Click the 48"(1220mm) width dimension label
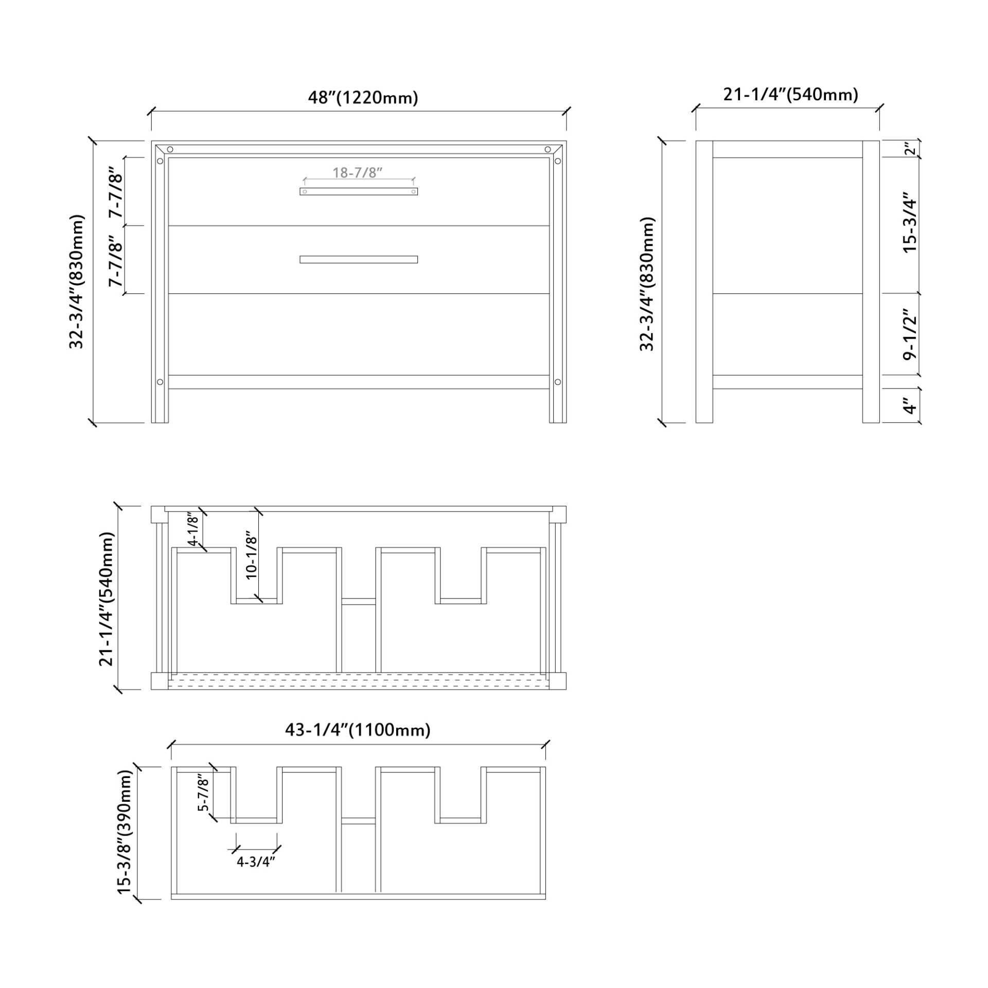click(363, 97)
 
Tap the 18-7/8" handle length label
click(358, 172)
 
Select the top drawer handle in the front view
click(359, 191)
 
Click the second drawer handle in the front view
click(359, 259)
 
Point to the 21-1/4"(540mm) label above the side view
click(791, 95)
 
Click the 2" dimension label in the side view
click(910, 149)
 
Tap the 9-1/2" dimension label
click(910, 334)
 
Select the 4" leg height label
click(910, 406)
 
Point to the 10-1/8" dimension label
click(251, 556)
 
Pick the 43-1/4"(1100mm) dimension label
click(358, 730)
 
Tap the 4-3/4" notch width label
click(253, 862)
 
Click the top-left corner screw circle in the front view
click(170, 150)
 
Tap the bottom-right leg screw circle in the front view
click(558, 382)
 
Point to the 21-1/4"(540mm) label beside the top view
click(106, 598)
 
